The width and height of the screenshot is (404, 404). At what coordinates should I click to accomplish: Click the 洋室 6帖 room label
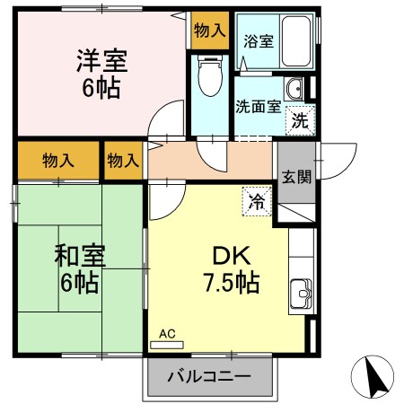pos(100,75)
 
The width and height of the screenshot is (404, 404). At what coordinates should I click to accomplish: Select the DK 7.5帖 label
pos(231,268)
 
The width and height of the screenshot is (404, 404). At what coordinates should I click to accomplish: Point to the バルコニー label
pos(208,376)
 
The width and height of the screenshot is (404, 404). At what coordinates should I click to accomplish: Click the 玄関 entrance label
pos(295,176)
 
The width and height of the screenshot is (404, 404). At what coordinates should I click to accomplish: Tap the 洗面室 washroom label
pos(256,106)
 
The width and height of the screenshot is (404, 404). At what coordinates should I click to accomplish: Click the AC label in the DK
pos(166,333)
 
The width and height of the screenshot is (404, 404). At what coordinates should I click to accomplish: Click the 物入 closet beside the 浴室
pos(209,31)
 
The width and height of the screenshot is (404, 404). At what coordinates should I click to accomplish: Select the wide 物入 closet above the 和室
pos(57,160)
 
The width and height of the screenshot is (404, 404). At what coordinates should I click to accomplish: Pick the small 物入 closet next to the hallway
pos(123,160)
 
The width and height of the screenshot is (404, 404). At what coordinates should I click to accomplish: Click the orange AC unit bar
pos(167,343)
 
